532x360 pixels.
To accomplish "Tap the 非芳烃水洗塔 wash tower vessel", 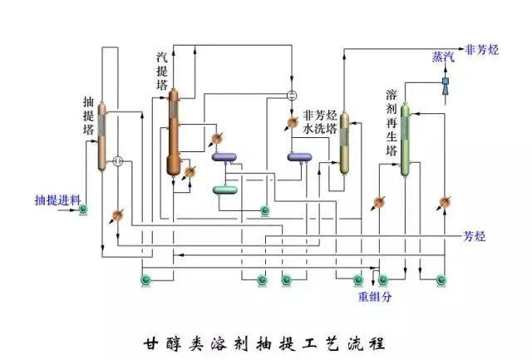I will [343, 141].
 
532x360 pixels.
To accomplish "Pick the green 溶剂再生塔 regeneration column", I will [405, 140].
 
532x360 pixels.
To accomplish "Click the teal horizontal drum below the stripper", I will [225, 190].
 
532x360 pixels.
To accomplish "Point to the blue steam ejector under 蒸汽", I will [446, 83].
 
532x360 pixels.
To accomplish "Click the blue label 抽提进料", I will [57, 200].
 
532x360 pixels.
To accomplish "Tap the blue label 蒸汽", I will [443, 57].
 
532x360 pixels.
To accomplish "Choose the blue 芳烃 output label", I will [473, 237].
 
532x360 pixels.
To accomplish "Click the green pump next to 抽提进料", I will [84, 208].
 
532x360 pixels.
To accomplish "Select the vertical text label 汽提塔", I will [162, 71].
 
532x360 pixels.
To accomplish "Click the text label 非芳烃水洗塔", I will [319, 123].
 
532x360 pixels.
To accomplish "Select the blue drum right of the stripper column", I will [224, 156].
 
